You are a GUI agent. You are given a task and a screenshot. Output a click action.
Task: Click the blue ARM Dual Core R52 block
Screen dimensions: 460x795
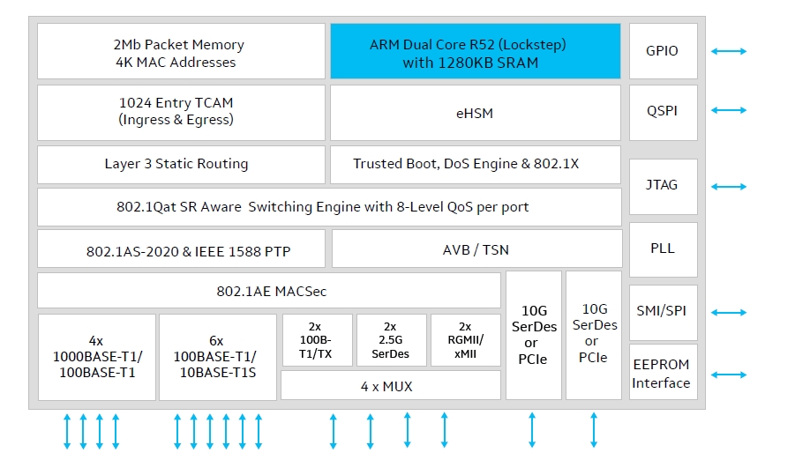475,52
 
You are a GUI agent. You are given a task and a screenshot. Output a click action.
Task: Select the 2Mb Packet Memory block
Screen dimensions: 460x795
180,52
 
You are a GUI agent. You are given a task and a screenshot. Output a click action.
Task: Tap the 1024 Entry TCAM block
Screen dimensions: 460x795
180,110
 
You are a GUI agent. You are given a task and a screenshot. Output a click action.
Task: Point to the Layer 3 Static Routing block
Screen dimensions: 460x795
180,164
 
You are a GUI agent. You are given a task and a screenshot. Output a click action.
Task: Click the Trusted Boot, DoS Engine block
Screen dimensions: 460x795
475,164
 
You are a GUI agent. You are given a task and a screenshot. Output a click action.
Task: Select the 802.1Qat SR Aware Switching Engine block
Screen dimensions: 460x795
328,207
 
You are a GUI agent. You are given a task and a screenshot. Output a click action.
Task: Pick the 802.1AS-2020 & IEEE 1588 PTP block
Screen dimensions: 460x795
180,249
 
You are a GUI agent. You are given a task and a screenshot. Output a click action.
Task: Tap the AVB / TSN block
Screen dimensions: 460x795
475,249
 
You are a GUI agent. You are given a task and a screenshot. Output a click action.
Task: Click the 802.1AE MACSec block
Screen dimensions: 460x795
268,291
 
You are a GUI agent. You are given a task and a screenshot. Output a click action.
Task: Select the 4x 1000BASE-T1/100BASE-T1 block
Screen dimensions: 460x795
96,357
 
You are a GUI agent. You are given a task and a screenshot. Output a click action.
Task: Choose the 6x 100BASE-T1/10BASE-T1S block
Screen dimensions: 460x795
217,357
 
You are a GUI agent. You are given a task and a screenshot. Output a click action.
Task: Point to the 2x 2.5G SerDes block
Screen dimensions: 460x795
390,340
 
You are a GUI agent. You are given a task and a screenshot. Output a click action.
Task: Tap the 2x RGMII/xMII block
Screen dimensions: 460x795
465,340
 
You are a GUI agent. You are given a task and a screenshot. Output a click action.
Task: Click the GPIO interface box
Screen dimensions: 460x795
663,51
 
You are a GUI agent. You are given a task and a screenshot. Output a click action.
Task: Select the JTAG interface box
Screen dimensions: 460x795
663,186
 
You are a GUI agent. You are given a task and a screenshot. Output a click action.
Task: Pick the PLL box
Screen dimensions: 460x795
663,249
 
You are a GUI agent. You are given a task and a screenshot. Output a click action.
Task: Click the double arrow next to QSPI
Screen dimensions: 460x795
729,110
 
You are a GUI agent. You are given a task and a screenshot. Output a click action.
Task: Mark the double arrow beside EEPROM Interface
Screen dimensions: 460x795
729,375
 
